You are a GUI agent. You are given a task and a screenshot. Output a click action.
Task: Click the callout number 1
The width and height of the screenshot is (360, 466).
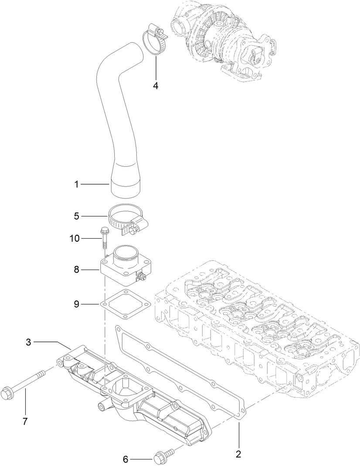(77, 185)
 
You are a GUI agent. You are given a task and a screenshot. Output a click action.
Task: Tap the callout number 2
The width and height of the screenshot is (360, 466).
(238, 454)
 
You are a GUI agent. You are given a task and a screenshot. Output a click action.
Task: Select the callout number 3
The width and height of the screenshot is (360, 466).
(28, 342)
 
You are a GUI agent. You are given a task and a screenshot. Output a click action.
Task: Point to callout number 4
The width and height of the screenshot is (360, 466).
(156, 85)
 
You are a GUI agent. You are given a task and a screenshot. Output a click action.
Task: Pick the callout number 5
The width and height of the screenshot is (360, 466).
(77, 216)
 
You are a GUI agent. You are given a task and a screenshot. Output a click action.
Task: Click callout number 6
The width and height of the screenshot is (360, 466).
(126, 459)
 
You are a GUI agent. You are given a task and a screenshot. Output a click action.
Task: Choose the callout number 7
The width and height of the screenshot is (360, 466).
(25, 421)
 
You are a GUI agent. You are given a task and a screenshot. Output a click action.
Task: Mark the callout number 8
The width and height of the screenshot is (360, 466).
(77, 270)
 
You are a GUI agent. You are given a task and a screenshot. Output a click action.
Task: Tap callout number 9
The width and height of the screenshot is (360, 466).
(77, 304)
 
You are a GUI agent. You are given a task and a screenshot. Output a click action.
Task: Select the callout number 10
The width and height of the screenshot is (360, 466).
(75, 238)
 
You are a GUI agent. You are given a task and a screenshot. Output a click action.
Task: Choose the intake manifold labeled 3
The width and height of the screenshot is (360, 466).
(131, 396)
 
